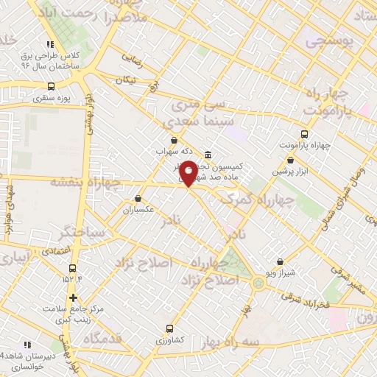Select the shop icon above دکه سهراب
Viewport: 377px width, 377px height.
pos(173,140)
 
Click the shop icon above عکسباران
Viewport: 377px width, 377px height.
pos(138,198)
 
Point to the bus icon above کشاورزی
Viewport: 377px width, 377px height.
pos(171,329)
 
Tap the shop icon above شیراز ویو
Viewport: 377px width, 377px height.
pos(280,261)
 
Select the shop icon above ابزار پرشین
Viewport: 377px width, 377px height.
pos(291,160)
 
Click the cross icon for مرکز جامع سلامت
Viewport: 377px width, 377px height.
pos(73,297)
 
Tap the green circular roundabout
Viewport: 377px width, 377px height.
pos(258,282)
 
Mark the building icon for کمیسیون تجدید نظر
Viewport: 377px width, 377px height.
pos(208,155)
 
